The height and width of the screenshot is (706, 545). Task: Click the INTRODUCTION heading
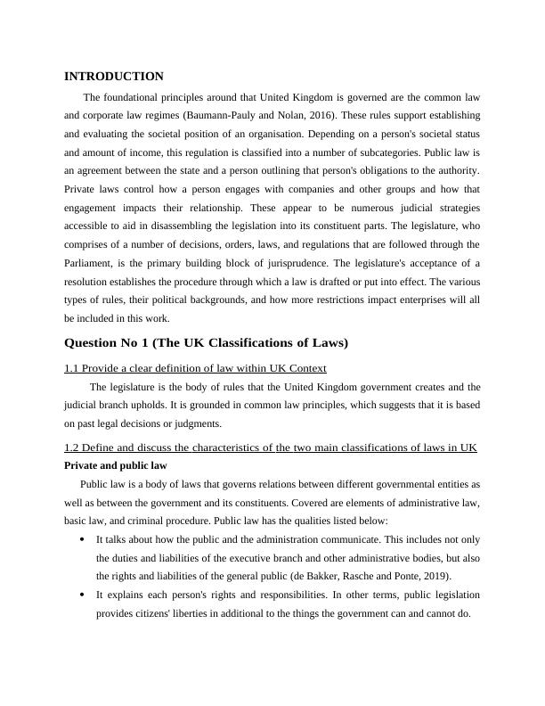(x=114, y=77)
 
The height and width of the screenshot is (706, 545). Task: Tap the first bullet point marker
(x=82, y=539)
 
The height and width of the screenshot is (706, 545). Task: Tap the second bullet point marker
(x=82, y=595)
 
